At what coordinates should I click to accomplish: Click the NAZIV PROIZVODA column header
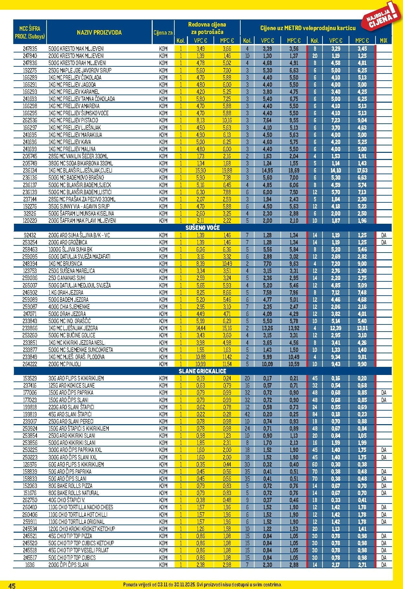pyautogui.click(x=99, y=32)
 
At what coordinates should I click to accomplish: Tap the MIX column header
pyautogui.click(x=384, y=40)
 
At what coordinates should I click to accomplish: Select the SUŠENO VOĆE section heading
pyautogui.click(x=202, y=228)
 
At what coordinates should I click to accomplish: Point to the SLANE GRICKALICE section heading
pyautogui.click(x=202, y=371)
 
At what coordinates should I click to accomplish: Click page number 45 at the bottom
pyautogui.click(x=12, y=585)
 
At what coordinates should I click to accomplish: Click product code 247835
pyautogui.click(x=30, y=49)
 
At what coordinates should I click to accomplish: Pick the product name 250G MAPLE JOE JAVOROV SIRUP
pyautogui.click(x=80, y=70)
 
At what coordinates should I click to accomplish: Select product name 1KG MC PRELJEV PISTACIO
pyautogui.click(x=73, y=120)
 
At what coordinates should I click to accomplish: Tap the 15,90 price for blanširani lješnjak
pyautogui.click(x=201, y=171)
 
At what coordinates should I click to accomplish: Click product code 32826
pyautogui.click(x=30, y=214)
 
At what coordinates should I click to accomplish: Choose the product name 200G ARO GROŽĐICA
pyautogui.click(x=68, y=242)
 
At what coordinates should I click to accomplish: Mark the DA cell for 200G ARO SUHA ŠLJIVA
pyautogui.click(x=384, y=235)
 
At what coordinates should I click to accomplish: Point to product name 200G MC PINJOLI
pyautogui.click(x=65, y=364)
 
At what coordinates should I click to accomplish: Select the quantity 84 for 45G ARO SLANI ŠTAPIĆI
pyautogui.click(x=315, y=414)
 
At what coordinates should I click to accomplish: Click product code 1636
pyautogui.click(x=30, y=565)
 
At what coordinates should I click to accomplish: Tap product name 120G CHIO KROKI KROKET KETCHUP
pyautogui.click(x=82, y=529)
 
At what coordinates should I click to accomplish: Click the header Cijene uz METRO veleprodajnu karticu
pyautogui.click(x=308, y=28)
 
